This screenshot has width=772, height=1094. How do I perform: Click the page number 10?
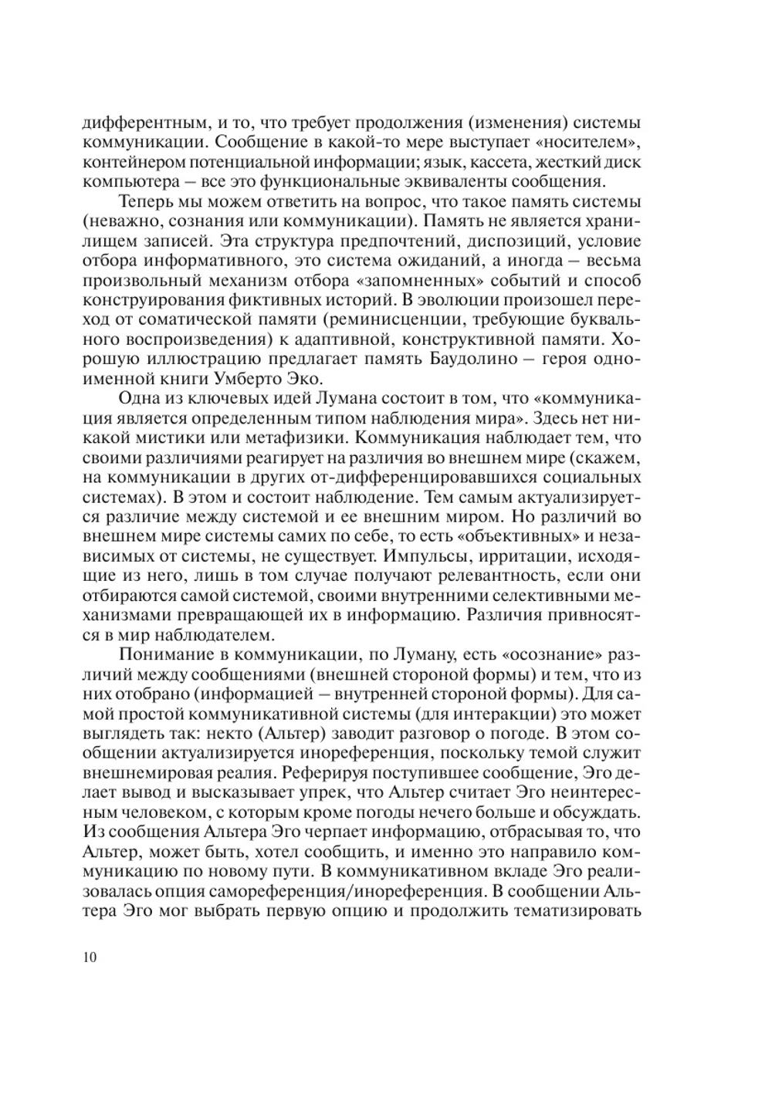point(88,958)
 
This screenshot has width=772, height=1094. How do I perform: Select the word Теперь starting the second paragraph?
point(147,203)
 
